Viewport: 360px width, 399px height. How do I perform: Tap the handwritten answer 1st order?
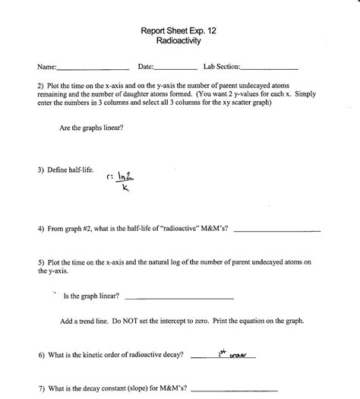pyautogui.click(x=240, y=353)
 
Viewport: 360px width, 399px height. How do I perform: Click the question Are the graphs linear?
pyautogui.click(x=91, y=128)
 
